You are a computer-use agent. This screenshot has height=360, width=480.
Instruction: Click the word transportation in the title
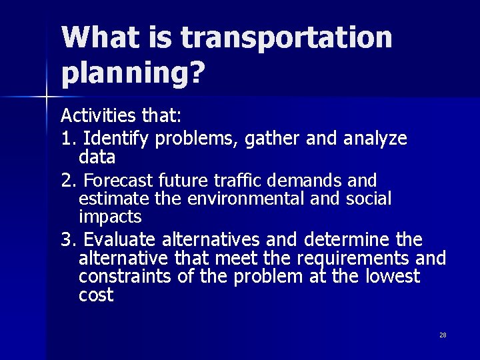pos(287,39)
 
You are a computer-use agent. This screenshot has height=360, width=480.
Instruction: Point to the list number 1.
pos(67,139)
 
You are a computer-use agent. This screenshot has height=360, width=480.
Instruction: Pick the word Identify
pos(117,139)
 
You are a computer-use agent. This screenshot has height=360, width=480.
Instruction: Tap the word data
pos(97,157)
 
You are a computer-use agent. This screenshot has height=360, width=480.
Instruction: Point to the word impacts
pos(110,217)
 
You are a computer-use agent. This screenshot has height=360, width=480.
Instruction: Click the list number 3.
pos(67,240)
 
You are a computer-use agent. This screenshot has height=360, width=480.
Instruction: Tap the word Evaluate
pos(122,240)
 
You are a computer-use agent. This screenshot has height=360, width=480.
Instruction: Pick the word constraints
pos(127,277)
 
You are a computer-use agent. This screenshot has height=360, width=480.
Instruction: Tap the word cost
pos(96,295)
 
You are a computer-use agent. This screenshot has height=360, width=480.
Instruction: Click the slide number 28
pos(443,335)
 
